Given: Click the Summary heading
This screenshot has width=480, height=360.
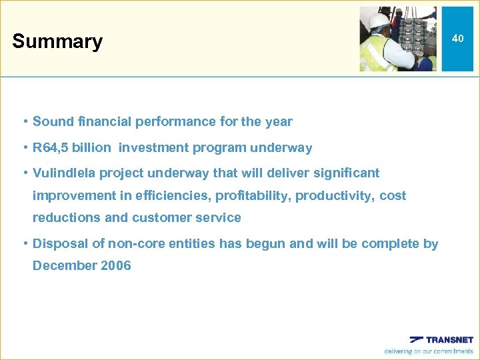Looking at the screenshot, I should click(x=57, y=41).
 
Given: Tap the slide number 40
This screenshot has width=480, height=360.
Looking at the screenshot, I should click(x=457, y=39).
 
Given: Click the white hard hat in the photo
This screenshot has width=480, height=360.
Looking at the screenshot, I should click(x=379, y=21).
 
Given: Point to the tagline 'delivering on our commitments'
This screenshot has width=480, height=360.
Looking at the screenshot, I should click(x=429, y=351).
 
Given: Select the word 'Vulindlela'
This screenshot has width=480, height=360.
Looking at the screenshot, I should click(x=64, y=173).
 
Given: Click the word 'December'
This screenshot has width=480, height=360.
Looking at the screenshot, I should click(x=65, y=265).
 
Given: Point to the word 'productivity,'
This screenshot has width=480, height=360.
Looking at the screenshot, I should click(x=335, y=195).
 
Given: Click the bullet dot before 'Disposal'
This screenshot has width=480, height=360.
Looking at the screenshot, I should click(x=24, y=243).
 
